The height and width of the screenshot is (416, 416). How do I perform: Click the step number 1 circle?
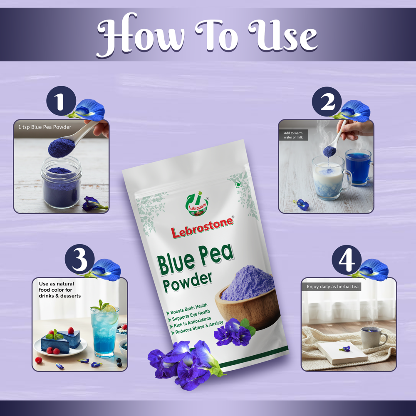pos(61,102)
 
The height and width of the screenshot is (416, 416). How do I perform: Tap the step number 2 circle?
pos(327,102)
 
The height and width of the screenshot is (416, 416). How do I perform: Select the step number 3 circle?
pos(79,260)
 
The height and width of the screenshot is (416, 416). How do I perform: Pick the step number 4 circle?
pos(346,260)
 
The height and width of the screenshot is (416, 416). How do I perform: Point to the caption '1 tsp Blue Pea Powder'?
pos(45,127)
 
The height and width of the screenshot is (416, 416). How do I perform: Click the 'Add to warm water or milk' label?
pos(294,135)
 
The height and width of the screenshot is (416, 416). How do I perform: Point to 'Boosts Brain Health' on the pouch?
pos(189,309)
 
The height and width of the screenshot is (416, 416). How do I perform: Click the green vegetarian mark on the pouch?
pos(238,185)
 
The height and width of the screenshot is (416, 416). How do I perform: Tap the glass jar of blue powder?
pos(62,187)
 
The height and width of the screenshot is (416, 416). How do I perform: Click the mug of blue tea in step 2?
pos(358,166)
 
